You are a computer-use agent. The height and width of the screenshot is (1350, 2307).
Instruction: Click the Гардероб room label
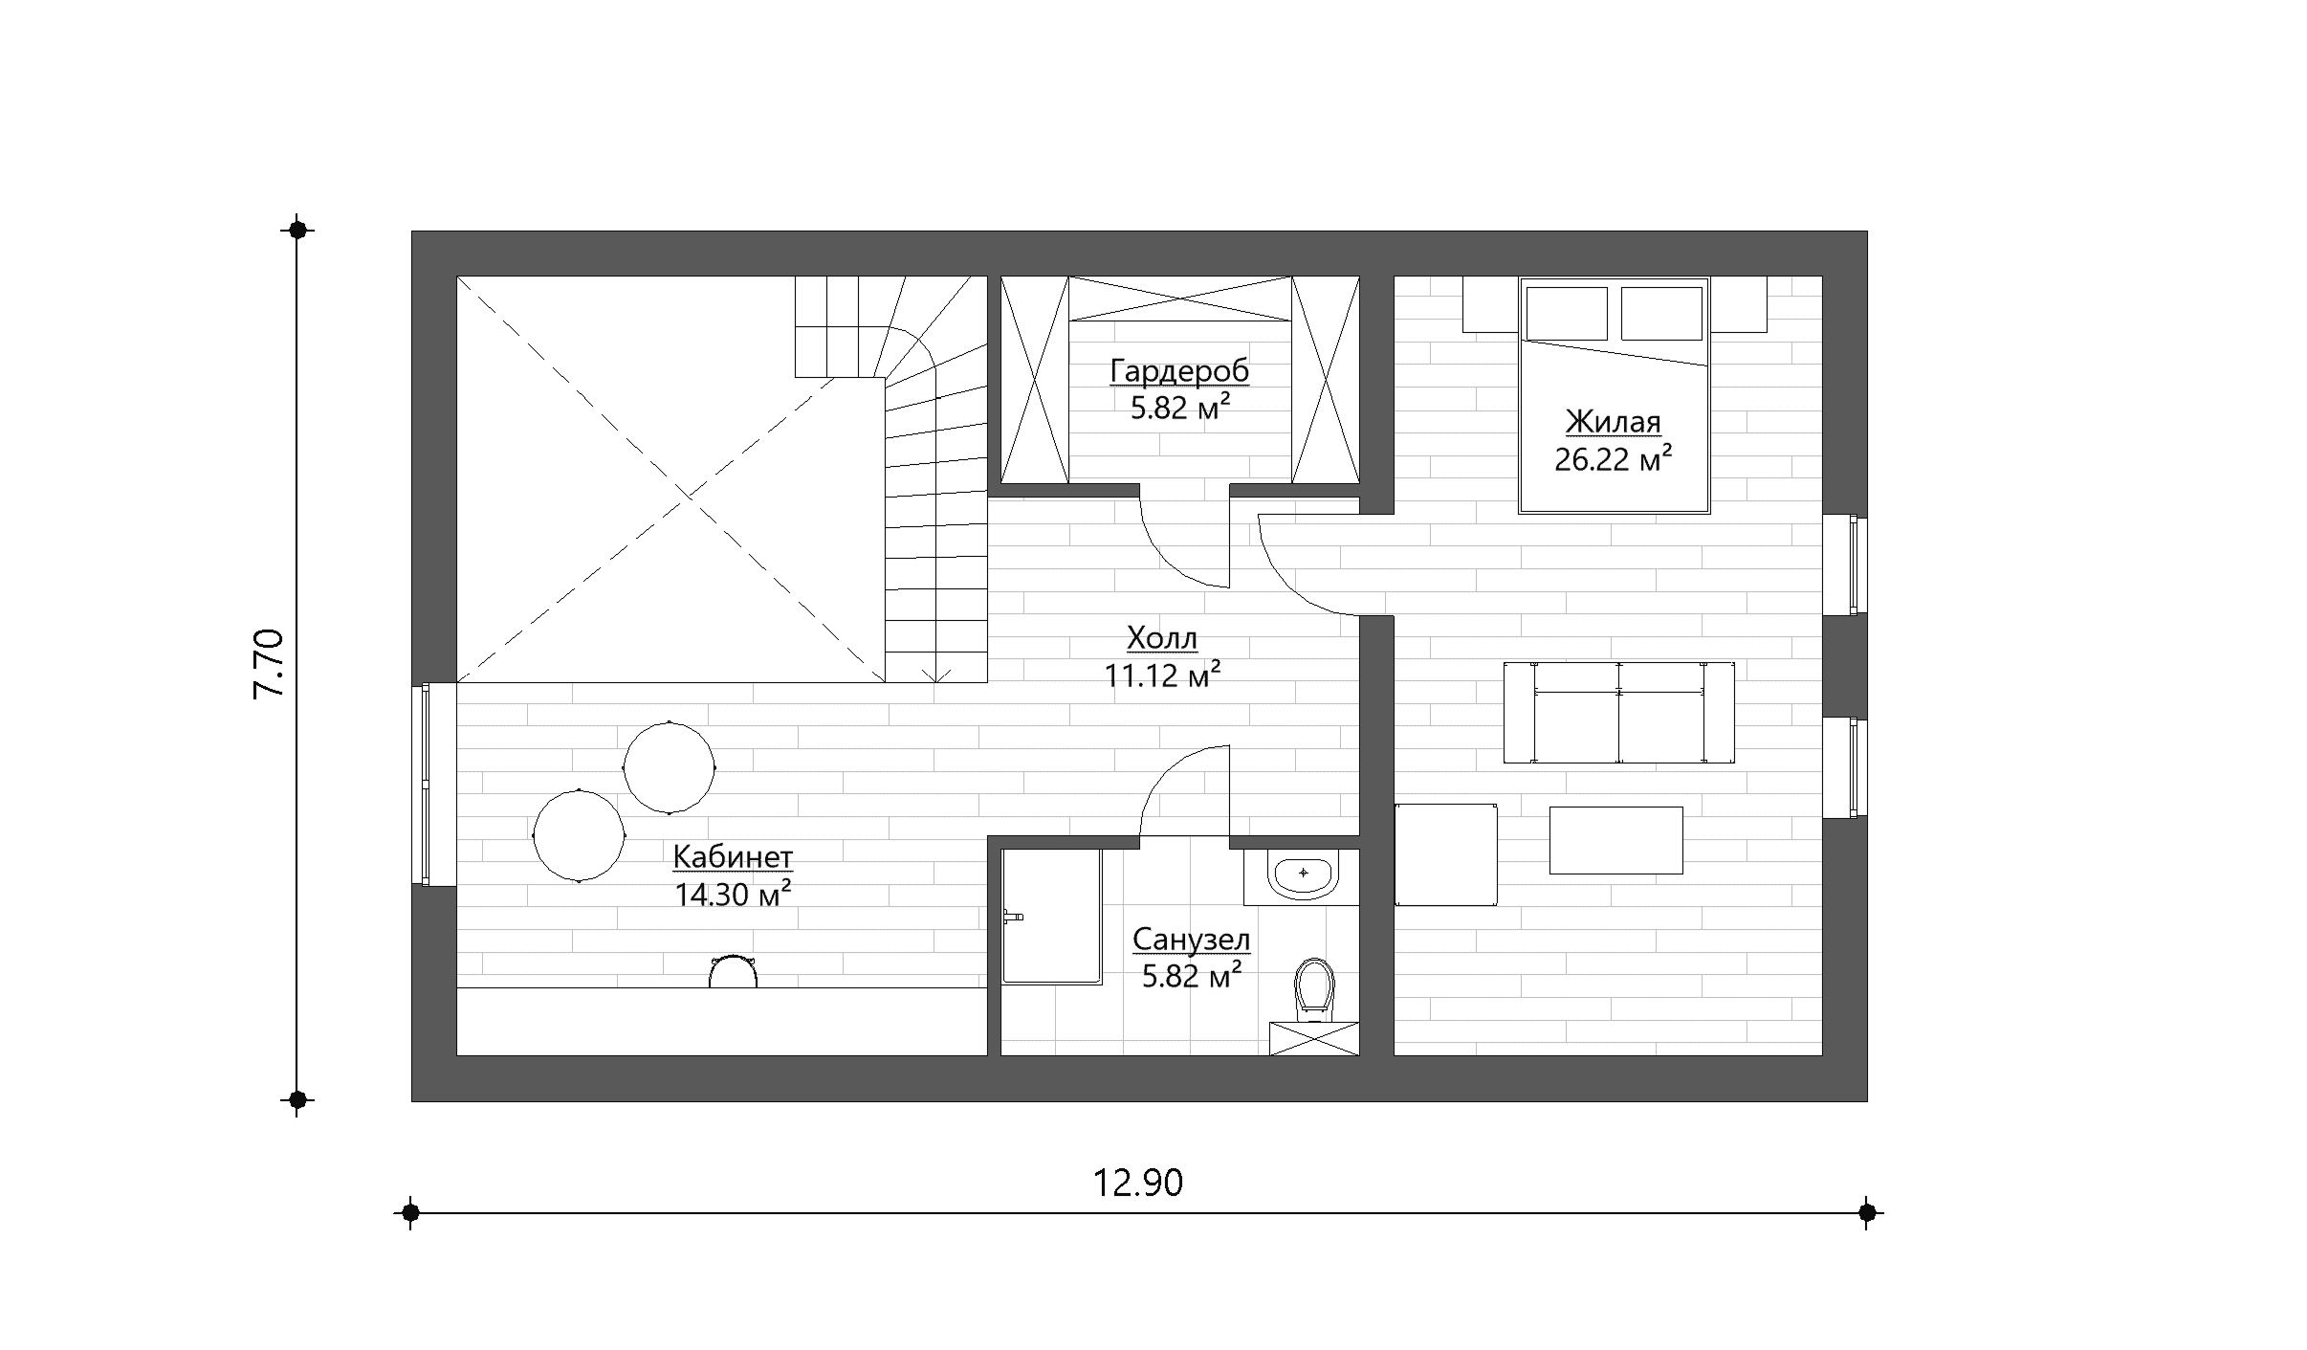1179,371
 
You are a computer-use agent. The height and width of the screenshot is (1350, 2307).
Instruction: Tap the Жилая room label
1613,422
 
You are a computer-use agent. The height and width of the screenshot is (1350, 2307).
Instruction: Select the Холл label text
1162,637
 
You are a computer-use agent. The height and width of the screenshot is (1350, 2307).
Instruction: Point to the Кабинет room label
733,857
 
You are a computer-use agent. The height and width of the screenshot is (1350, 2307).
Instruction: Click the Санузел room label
1191,940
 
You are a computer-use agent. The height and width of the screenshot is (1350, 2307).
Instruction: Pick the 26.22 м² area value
1613,459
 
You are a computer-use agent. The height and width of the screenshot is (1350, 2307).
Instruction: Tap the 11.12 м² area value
1162,675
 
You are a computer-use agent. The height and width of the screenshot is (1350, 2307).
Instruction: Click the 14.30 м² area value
733,894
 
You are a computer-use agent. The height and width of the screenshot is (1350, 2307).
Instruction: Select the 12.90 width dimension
1138,1184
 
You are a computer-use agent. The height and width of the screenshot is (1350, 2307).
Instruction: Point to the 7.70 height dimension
269,664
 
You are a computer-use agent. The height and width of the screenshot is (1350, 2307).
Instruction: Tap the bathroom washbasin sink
1302,876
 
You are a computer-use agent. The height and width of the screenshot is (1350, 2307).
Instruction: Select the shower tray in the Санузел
1051,916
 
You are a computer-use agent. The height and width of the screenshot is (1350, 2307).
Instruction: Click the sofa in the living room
1618,712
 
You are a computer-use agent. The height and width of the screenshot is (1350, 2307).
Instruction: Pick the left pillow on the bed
1567,313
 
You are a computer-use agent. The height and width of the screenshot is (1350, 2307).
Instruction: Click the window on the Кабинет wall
424,784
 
